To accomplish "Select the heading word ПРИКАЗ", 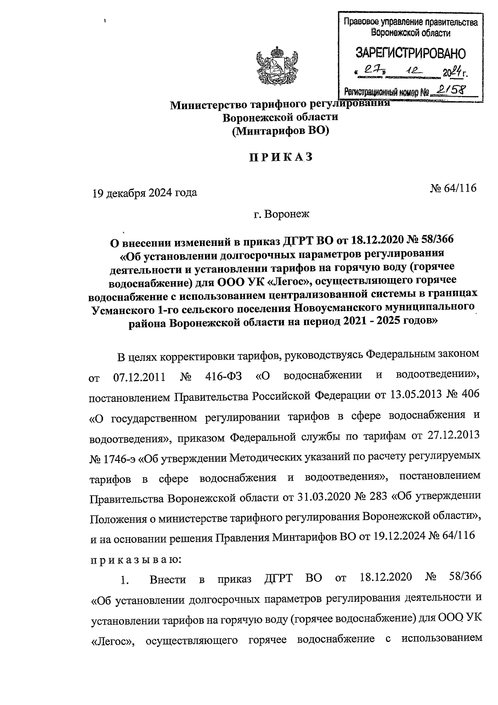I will click(280, 158).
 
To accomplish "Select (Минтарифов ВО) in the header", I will click(280, 131).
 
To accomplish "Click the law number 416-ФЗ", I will click(224, 377).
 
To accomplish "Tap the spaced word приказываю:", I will click(135, 559).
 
